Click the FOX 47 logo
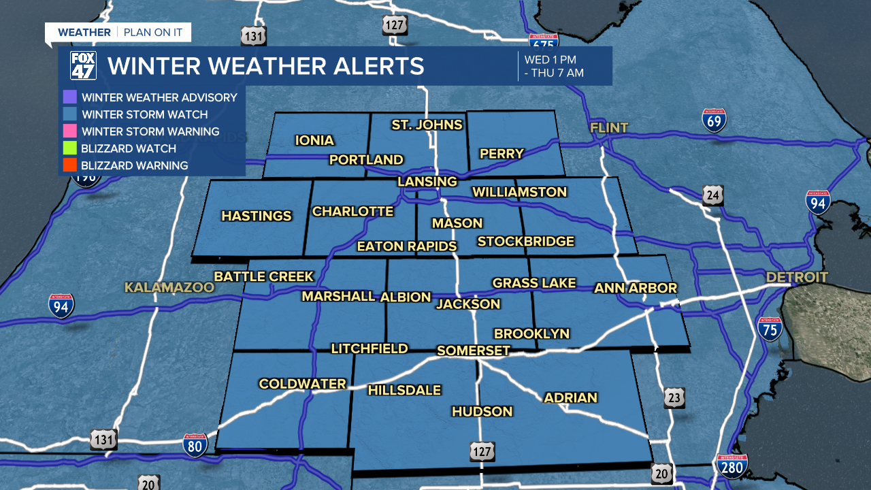click(x=84, y=66)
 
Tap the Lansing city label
click(x=427, y=182)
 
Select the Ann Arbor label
click(x=636, y=289)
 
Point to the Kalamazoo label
click(x=169, y=288)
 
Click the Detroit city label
click(x=797, y=277)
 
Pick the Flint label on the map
click(x=609, y=128)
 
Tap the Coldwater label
click(x=303, y=384)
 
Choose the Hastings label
click(x=257, y=216)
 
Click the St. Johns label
click(x=427, y=125)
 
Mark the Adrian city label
click(x=570, y=397)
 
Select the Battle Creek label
click(x=264, y=276)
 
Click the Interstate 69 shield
click(x=714, y=120)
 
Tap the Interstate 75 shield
click(x=770, y=329)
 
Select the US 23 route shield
click(x=674, y=398)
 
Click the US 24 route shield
click(x=713, y=195)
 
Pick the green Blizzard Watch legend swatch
click(x=69, y=148)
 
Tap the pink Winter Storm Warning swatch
click(x=69, y=131)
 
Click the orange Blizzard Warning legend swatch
click(x=69, y=165)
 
